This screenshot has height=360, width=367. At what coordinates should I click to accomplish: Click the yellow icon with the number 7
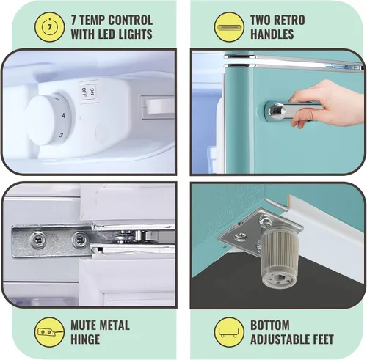50,26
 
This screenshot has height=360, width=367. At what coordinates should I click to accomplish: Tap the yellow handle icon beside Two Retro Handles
229,27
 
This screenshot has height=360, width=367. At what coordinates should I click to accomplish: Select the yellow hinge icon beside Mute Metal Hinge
50,332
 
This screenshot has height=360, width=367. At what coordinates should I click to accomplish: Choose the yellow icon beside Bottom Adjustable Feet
229,332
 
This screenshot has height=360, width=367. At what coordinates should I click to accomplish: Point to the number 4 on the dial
64,115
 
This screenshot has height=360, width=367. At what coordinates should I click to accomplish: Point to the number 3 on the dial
61,134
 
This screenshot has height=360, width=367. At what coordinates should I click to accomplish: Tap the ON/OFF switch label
88,92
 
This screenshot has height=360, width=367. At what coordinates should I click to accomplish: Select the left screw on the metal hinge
37,240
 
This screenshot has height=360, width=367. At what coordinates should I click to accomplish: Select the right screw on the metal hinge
80,240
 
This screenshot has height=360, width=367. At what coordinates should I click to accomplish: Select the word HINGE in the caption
85,339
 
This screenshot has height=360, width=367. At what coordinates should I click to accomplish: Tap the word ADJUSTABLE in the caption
278,339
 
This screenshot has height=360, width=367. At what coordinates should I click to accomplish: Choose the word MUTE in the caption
83,326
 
